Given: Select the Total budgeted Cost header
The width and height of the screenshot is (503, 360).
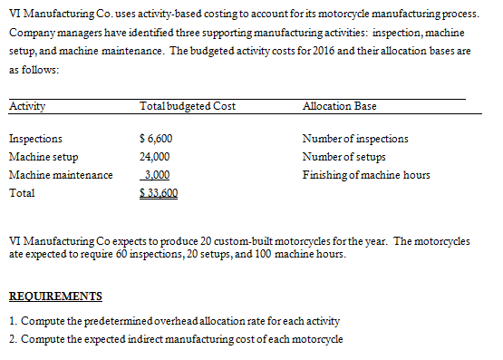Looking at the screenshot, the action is point(188,106).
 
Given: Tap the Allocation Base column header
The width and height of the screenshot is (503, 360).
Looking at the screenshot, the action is point(340,106).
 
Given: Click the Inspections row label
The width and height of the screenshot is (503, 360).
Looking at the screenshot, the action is point(35,140).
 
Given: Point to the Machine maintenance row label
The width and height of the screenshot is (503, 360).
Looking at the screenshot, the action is point(61,175).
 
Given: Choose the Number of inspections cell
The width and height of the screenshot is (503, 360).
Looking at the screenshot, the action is point(355,140).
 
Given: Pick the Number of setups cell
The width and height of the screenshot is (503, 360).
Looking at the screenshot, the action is point(345,157).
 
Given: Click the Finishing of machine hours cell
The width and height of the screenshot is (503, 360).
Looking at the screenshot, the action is point(367,175).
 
